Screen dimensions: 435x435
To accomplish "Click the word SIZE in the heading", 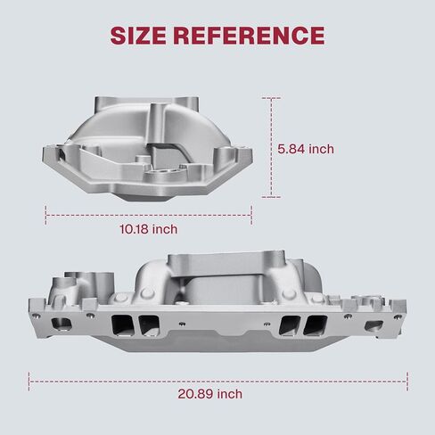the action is click(x=138, y=36).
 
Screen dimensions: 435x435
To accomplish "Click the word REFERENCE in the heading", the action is click(x=249, y=36).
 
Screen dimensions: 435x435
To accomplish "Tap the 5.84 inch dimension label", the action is click(x=306, y=149).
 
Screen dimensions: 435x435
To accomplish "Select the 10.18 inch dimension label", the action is click(x=149, y=229).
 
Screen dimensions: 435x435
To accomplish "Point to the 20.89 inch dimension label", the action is click(x=210, y=394).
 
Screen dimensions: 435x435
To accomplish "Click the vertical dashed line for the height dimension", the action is click(x=271, y=147).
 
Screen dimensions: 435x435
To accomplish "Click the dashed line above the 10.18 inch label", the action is click(x=149, y=215).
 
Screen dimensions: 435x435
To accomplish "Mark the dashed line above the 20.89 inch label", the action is click(x=218, y=382).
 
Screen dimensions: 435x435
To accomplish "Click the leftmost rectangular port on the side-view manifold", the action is click(x=62, y=324).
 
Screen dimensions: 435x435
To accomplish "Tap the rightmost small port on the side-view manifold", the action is click(x=373, y=325).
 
